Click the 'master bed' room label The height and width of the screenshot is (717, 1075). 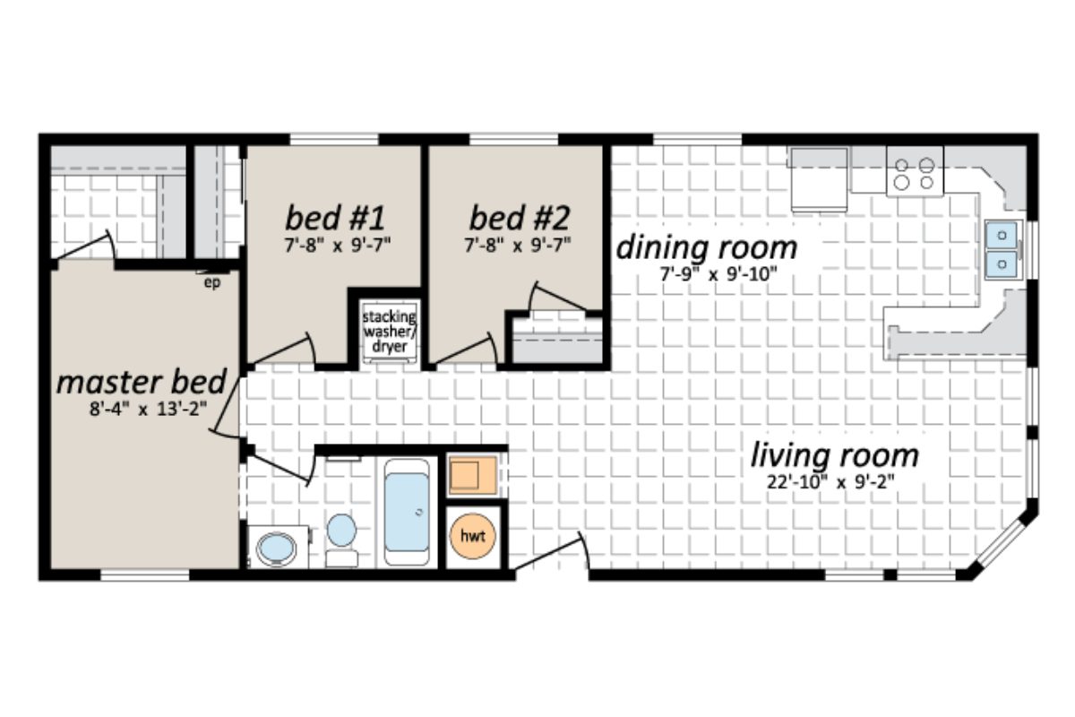click(142, 383)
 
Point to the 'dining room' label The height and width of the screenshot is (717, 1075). click(706, 246)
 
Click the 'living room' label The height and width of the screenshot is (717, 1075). click(834, 455)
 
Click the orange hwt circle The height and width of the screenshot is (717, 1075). click(472, 536)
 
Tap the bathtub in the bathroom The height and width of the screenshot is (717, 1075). click(407, 512)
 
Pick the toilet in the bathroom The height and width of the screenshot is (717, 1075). click(341, 536)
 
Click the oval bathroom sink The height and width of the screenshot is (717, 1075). click(276, 549)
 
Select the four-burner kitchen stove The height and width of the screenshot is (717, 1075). click(915, 171)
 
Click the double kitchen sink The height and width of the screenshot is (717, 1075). click(1002, 250)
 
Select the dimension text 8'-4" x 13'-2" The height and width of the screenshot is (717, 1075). click(142, 413)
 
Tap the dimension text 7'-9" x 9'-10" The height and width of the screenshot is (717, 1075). click(708, 274)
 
